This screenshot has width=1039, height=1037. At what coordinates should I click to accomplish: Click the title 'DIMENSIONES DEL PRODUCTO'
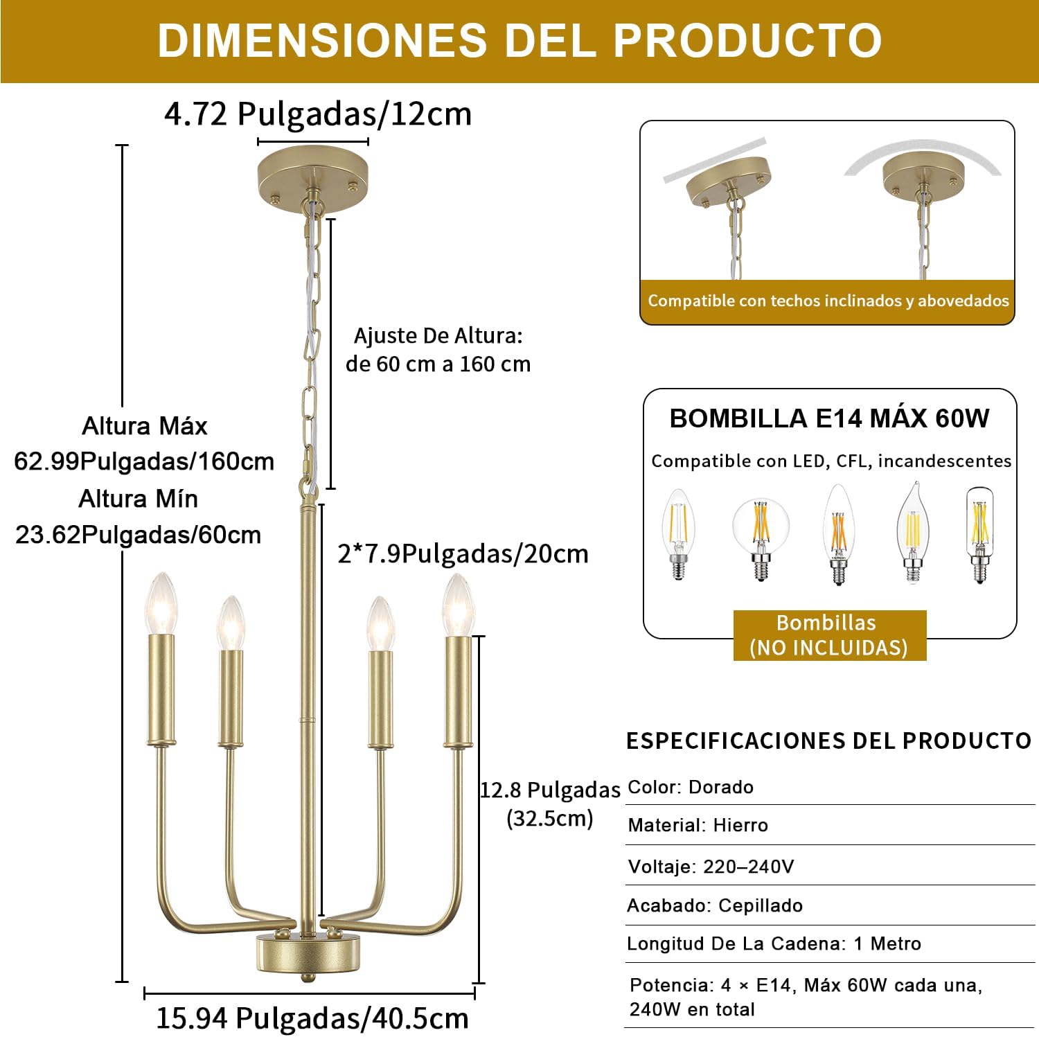pos(519,40)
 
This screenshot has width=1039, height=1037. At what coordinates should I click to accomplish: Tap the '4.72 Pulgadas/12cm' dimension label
pos(318,114)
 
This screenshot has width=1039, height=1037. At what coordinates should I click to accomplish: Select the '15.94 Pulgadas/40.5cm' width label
pos(312,1018)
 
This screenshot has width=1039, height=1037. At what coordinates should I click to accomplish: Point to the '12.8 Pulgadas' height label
pos(550,790)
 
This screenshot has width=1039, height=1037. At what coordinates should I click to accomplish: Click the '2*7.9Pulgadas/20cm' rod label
pos(463,553)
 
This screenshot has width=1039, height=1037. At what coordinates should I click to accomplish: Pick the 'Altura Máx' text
pos(145,426)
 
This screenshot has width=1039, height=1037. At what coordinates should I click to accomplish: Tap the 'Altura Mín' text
pos(139,499)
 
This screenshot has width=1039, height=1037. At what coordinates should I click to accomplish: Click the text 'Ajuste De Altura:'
pos(438,336)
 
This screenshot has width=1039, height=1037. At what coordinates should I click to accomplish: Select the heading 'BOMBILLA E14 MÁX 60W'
pos(830,418)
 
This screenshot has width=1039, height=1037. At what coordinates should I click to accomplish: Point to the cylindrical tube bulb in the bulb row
pos(979,535)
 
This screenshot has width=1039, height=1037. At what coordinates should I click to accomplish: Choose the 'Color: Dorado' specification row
pos(691,787)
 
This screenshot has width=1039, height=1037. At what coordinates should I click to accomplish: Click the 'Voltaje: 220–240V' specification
pos(711,867)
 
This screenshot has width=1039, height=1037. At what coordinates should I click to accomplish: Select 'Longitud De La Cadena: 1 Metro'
pos(774,943)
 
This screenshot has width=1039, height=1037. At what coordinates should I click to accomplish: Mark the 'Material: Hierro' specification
pos(698,825)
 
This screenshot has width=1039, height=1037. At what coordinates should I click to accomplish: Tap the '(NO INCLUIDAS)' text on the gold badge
pos(828,648)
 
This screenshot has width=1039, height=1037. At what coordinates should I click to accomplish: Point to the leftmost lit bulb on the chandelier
pos(161,603)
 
